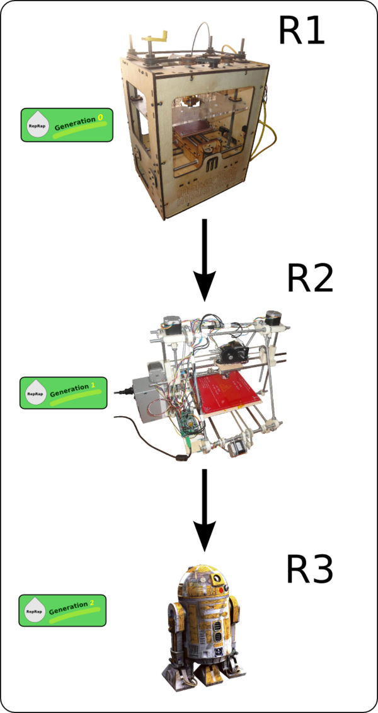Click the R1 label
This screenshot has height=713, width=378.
click(302, 32)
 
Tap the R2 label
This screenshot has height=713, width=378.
click(309, 278)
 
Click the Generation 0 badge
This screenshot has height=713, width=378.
click(67, 124)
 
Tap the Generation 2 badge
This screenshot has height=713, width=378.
click(62, 610)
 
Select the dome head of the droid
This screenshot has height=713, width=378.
click(203, 579)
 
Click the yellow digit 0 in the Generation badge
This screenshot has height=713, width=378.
click(100, 117)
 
